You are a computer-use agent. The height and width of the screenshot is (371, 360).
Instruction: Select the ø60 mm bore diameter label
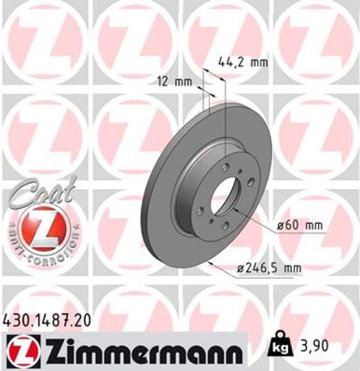[x=301, y=226]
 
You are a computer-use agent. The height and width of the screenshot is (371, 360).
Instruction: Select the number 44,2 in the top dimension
[x=230, y=61]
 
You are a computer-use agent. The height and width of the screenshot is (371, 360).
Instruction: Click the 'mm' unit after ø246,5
[x=293, y=268]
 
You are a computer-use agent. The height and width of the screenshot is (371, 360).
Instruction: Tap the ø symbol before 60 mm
[x=280, y=226]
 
